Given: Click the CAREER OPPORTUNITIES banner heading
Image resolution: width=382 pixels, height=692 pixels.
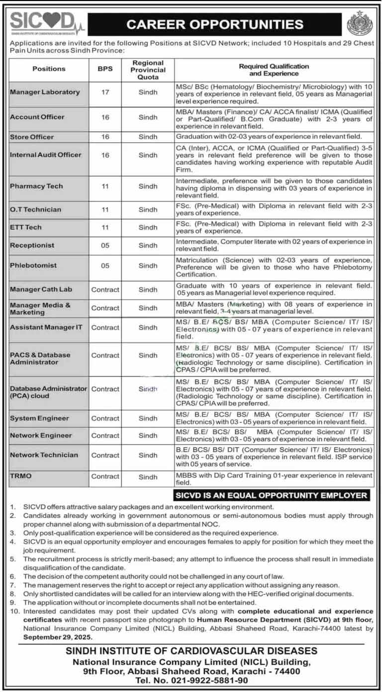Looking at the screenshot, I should coord(215,24).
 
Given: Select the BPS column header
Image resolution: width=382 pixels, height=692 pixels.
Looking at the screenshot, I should coord(105,69).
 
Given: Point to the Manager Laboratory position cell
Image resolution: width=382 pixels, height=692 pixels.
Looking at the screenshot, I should coord(45,92).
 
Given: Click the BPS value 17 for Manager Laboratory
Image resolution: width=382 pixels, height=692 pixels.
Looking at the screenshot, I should coord(105,92).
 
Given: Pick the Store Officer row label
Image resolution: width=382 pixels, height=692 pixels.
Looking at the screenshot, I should coord(32,137).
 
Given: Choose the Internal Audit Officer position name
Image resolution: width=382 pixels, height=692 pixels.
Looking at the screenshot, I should coord(45,155).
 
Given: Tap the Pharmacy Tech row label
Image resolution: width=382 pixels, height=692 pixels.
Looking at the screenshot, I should coord(36,186).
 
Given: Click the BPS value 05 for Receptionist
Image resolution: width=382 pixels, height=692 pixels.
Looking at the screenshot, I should coord(105,245).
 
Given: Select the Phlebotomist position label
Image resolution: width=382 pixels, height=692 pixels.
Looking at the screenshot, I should coord(33,266).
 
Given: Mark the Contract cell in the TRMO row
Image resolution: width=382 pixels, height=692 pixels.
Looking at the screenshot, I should coord(105,476).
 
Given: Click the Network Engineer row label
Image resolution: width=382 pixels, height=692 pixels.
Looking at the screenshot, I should coord(41,436).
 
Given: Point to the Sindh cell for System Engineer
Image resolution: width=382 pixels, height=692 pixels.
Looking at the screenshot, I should coord(148,419).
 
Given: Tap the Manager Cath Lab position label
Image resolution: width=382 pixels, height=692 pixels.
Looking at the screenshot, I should coord(41,290).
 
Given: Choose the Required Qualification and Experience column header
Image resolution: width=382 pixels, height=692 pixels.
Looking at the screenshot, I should coord(274,70).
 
